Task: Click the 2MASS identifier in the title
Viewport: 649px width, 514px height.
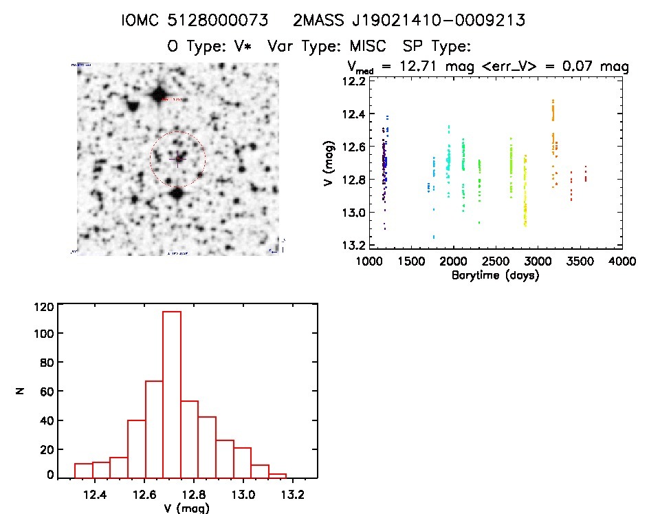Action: coord(409,21)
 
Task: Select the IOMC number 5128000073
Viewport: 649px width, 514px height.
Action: coord(217,21)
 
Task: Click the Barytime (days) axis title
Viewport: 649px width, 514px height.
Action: coord(495,275)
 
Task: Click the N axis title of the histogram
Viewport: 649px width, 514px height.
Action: coord(21,391)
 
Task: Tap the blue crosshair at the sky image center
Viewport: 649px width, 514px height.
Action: coord(178,159)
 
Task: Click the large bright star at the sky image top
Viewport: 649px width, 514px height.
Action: coord(159,94)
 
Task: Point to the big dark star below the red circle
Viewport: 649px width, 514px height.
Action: coord(177,193)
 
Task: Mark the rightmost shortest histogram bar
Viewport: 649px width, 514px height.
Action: coord(277,475)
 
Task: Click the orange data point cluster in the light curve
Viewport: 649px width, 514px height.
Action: coord(553,131)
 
